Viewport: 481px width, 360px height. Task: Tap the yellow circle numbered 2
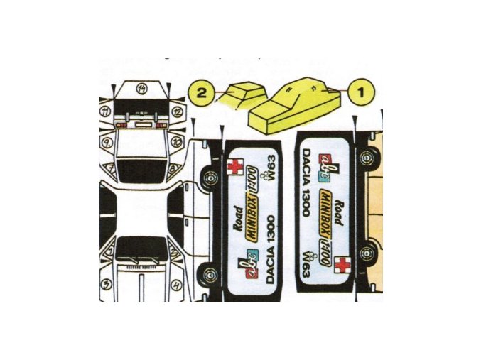202,92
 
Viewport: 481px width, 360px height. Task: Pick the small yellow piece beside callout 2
243,94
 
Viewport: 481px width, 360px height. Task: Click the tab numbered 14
142,88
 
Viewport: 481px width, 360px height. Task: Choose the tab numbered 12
178,111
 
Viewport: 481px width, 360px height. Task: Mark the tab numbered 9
107,141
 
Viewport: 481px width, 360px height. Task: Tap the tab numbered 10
175,141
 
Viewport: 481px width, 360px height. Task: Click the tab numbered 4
175,284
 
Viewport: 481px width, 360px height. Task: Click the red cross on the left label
232,166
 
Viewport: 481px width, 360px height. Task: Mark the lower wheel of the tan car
367,253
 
